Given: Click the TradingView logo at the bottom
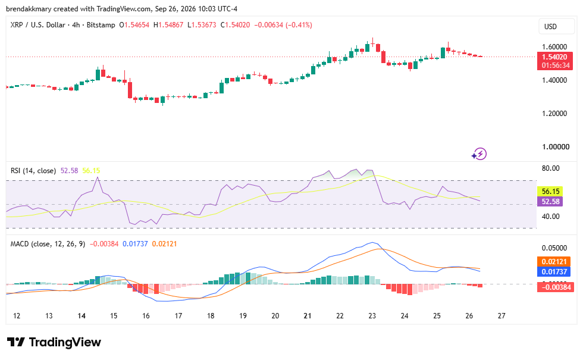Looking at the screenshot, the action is pos(54,342).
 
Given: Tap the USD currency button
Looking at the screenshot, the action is pos(556,26).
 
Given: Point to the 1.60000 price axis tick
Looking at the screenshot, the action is pos(554,47).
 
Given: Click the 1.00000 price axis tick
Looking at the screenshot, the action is pos(556,147).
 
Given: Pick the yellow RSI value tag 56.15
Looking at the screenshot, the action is pos(550,192).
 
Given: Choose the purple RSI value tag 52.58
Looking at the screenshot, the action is pos(550,202).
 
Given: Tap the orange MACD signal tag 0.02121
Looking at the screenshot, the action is pos(554,261).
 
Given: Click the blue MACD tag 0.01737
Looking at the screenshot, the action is pos(554,271).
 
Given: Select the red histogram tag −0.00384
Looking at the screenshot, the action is pos(556,287).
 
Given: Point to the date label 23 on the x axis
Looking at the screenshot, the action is pos(372,316).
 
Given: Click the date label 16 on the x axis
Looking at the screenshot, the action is pos(146,316).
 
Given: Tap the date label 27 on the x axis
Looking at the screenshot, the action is pos(501,316).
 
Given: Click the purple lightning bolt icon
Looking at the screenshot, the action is pos(479,154).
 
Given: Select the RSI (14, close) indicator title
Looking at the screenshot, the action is pos(33,171).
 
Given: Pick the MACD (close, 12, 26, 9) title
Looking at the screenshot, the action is pos(48,244).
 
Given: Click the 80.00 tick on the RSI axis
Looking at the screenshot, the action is pos(551,168).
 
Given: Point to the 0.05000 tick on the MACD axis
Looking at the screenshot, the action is pos(554,248).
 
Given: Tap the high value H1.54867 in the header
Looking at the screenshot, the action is pos(168,25).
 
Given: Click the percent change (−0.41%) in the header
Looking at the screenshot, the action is pos(299,25).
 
